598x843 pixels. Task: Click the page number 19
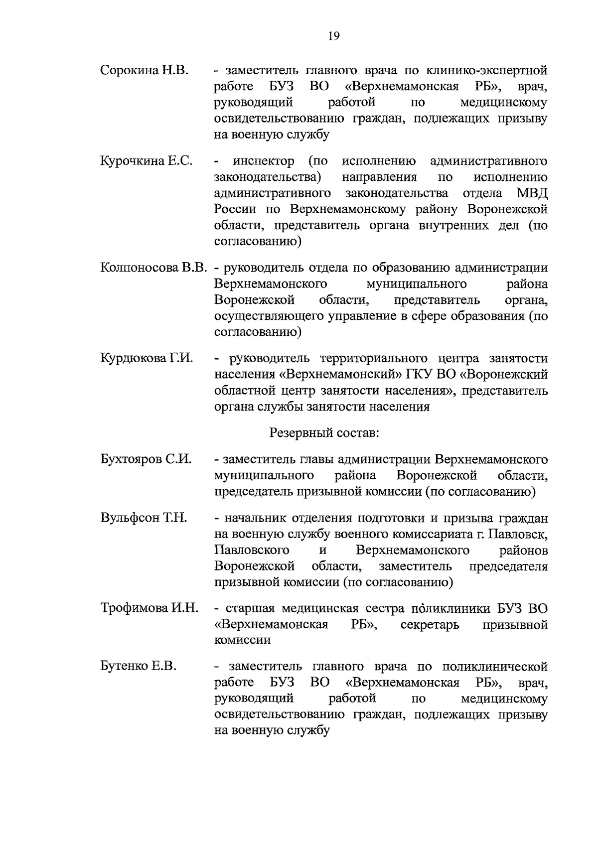coord(333,35)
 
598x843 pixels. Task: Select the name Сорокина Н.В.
coord(144,70)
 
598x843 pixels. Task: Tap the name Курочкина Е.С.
coord(146,161)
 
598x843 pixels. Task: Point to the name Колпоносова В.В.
coord(153,268)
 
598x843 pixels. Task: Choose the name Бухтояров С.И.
coord(146,459)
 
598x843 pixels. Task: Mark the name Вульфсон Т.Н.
coord(144,518)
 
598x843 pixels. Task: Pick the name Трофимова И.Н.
coord(149,608)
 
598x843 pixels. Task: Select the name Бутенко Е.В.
coord(139,666)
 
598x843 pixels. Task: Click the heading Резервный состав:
coord(324,433)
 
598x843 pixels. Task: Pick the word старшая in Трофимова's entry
coord(249,608)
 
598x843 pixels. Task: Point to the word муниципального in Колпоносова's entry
coord(416,284)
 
